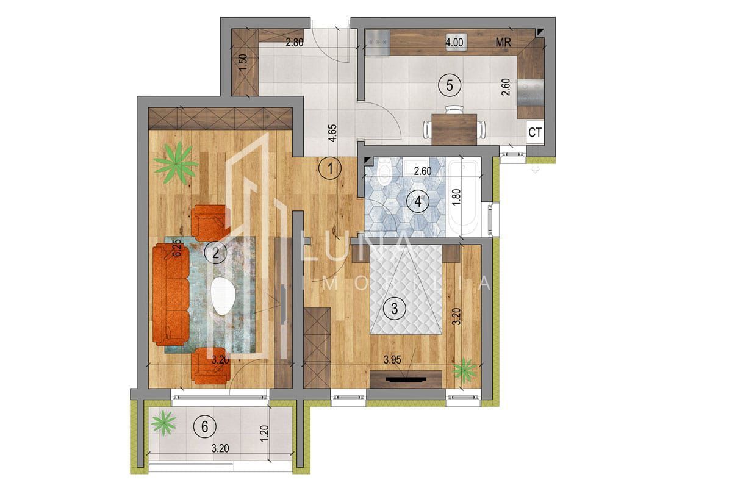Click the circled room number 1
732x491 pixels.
pyautogui.click(x=329, y=168)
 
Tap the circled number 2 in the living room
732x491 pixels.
pyautogui.click(x=214, y=252)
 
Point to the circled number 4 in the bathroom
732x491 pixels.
pyautogui.click(x=418, y=201)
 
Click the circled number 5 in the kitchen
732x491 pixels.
pyautogui.click(x=449, y=85)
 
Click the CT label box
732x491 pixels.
pyautogui.click(x=535, y=132)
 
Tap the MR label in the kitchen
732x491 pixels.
pyautogui.click(x=503, y=43)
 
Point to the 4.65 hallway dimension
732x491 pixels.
pyautogui.click(x=332, y=133)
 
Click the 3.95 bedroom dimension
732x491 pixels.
pyautogui.click(x=393, y=360)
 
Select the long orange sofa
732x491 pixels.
pyautogui.click(x=171, y=295)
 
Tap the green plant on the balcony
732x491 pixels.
pyautogui.click(x=163, y=421)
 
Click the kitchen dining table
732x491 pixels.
pyautogui.click(x=454, y=128)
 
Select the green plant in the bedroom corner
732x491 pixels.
pyautogui.click(x=465, y=370)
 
